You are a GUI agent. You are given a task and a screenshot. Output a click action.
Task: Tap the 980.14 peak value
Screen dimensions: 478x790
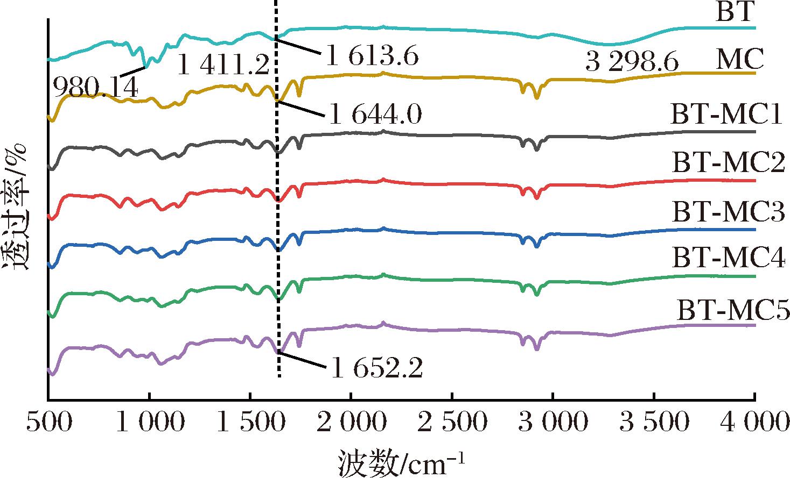[95, 86]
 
